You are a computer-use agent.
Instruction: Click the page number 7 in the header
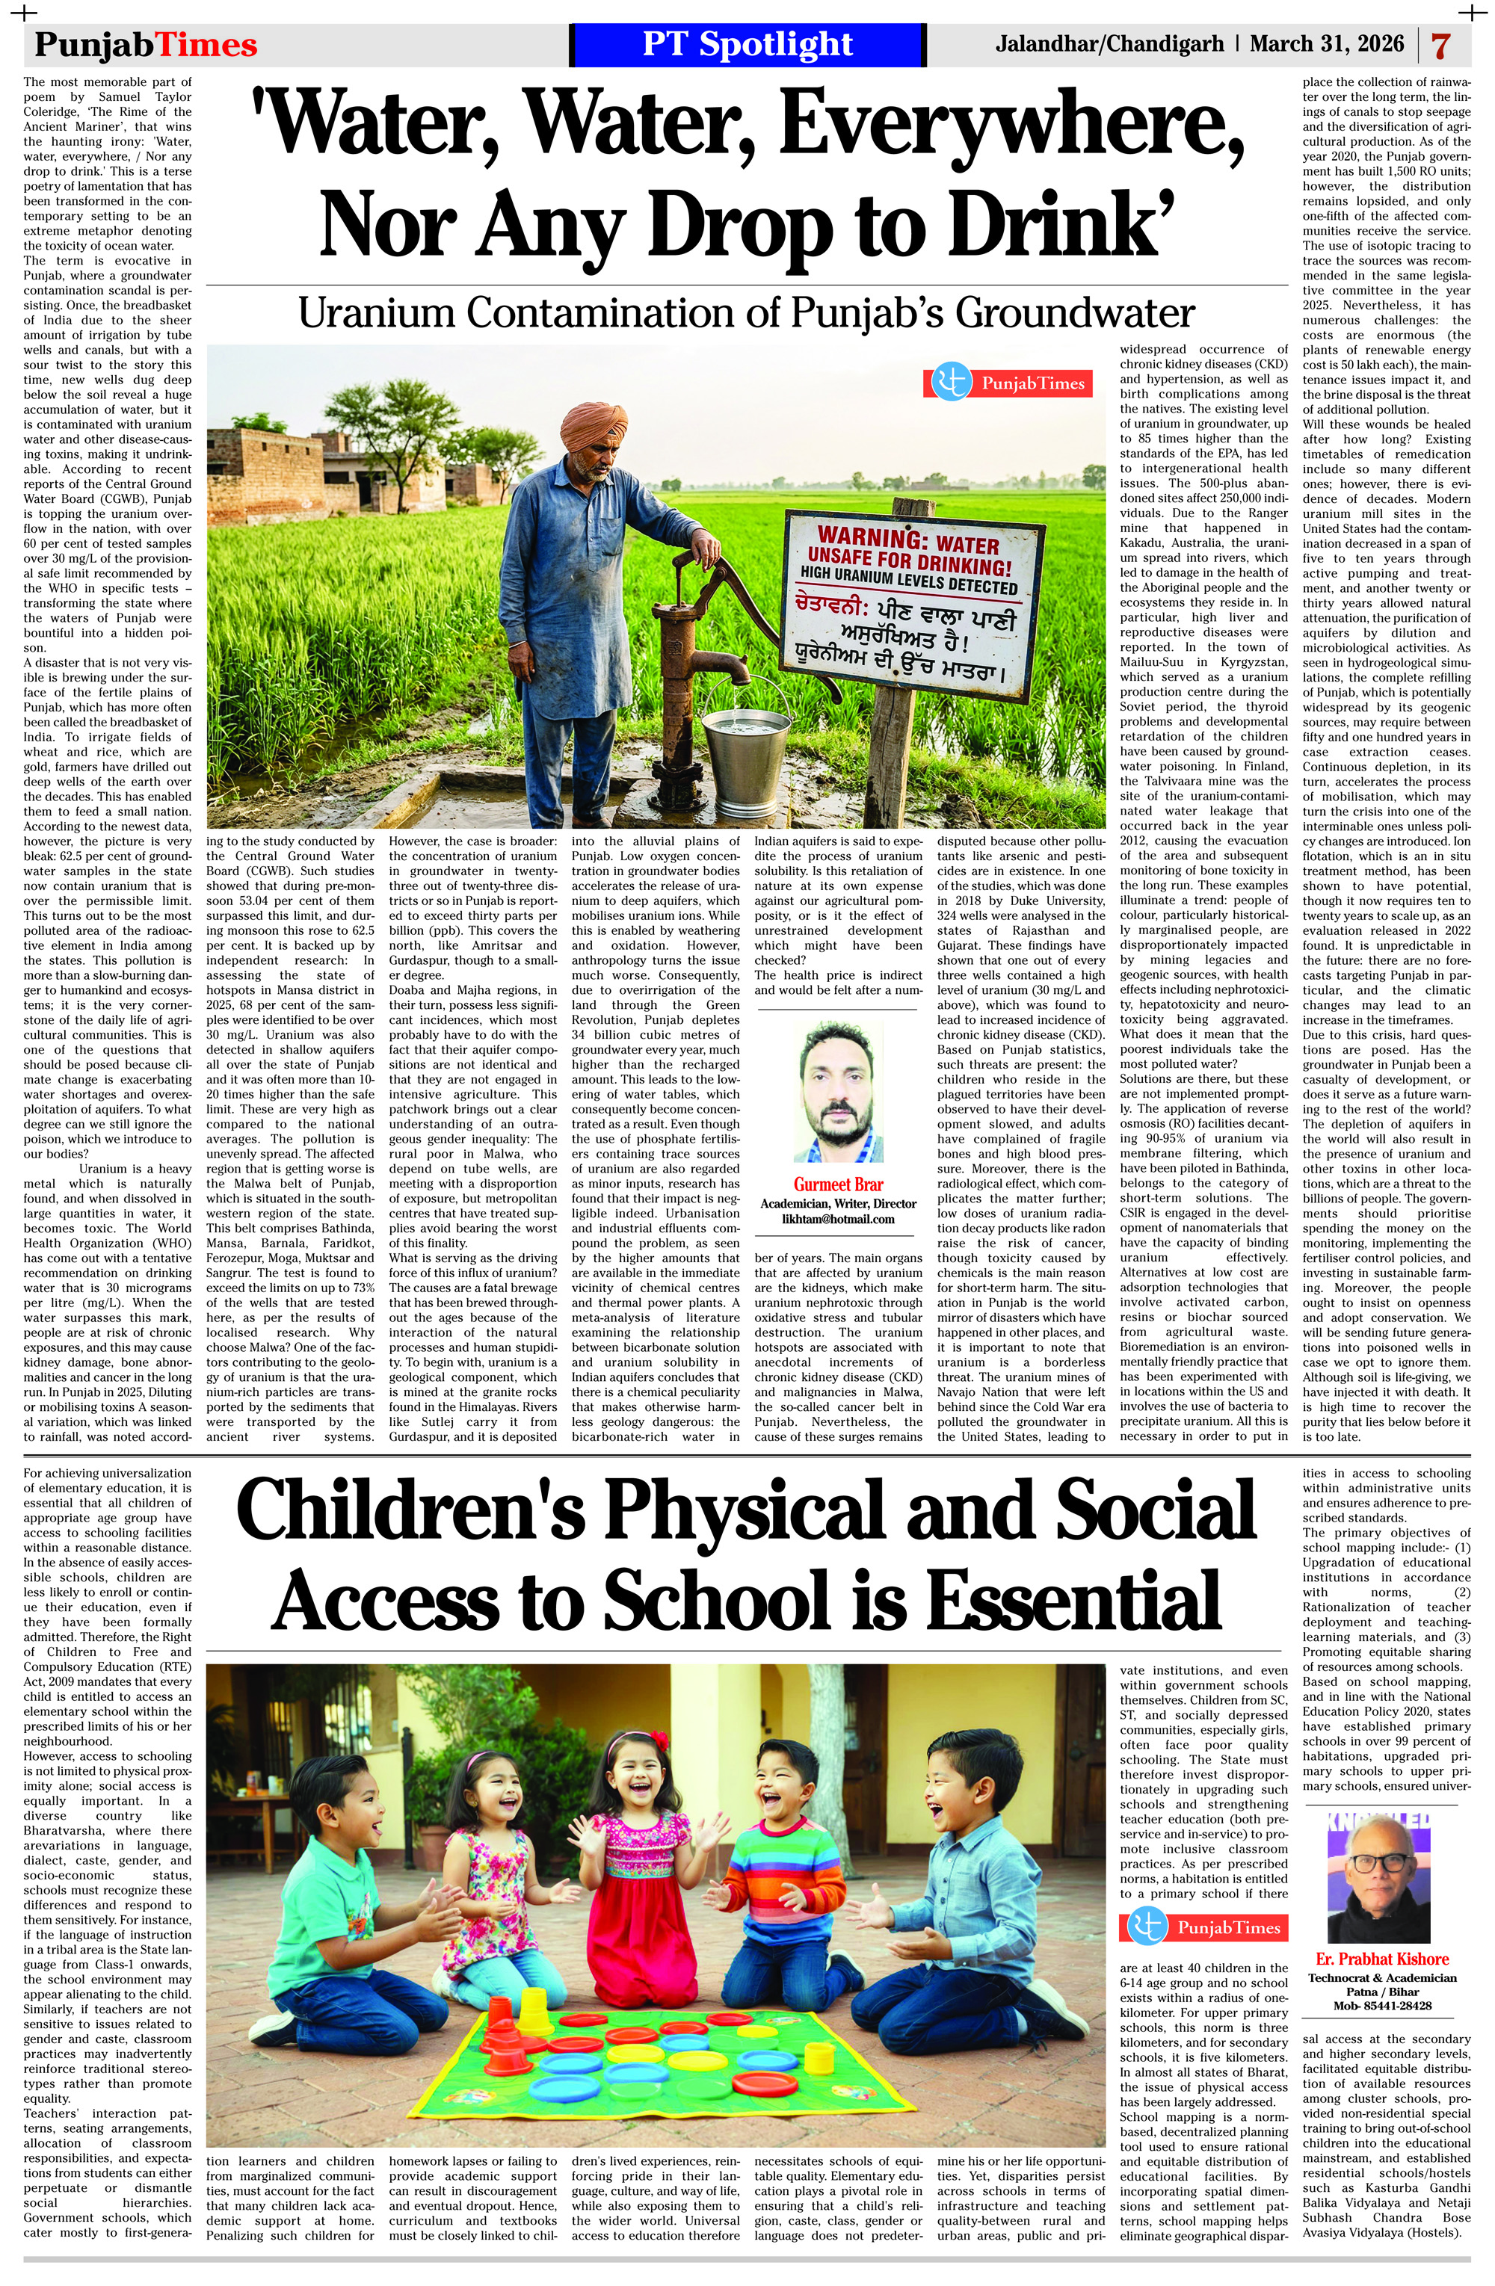pyautogui.click(x=1440, y=45)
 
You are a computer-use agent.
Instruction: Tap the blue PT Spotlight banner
pyautogui.click(x=747, y=44)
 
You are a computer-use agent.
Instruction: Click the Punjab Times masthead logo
pyautogui.click(x=146, y=45)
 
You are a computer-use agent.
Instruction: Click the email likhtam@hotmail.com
pyautogui.click(x=837, y=1219)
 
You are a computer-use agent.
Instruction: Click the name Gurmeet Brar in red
pyautogui.click(x=837, y=1184)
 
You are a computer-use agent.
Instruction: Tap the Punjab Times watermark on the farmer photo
pyautogui.click(x=1008, y=383)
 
